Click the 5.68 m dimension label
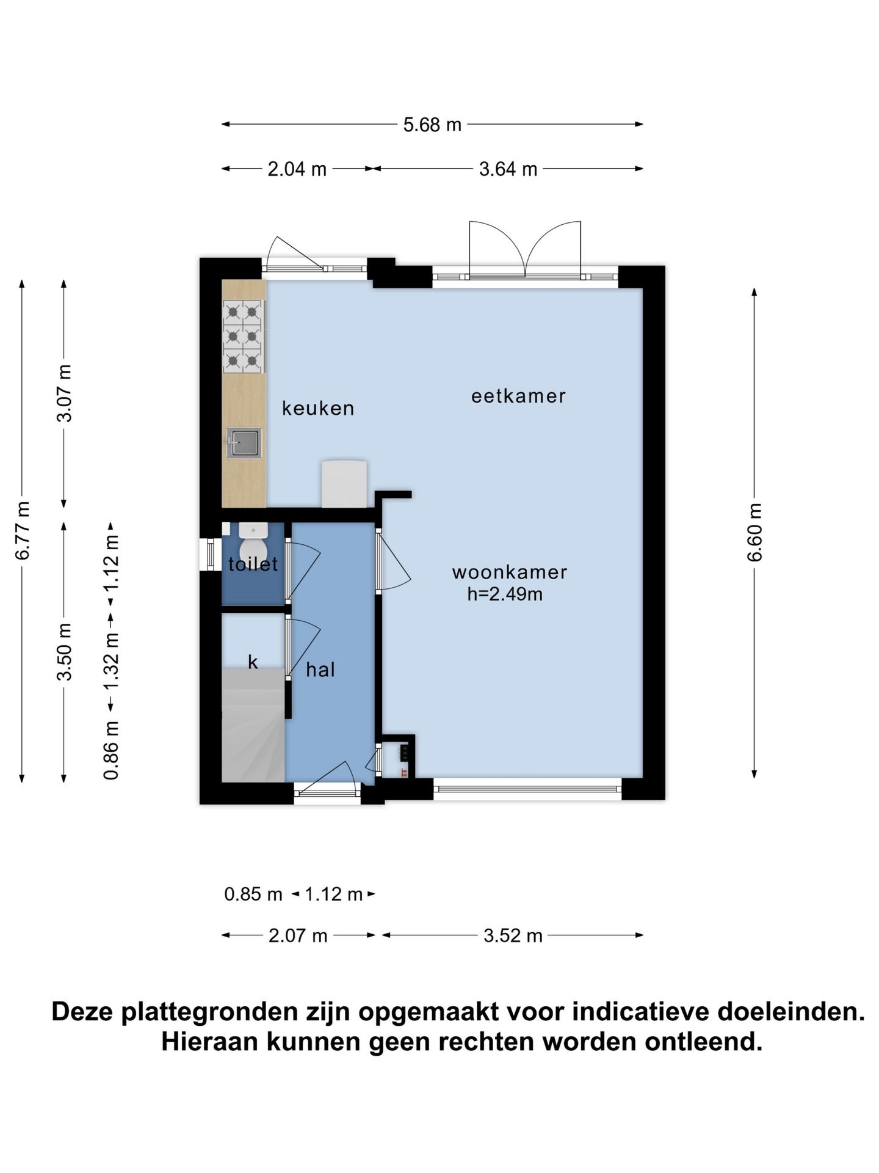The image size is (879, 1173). coord(432,125)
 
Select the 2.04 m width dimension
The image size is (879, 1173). coord(297,169)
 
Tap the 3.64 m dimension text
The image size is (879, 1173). coord(508,169)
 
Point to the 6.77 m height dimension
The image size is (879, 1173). coord(23,530)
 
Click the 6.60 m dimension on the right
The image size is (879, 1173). coord(755,532)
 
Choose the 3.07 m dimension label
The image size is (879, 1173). coord(65,393)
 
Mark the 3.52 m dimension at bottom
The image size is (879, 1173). coord(513,935)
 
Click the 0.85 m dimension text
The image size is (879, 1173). coord(253,894)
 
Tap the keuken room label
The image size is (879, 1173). coord(318,408)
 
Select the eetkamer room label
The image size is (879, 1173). coord(518,396)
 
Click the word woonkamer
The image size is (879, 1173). coord(510,572)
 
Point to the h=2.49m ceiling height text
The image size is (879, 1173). coord(505,594)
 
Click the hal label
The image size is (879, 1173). coord(320,670)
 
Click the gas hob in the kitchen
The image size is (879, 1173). coord(243,336)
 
